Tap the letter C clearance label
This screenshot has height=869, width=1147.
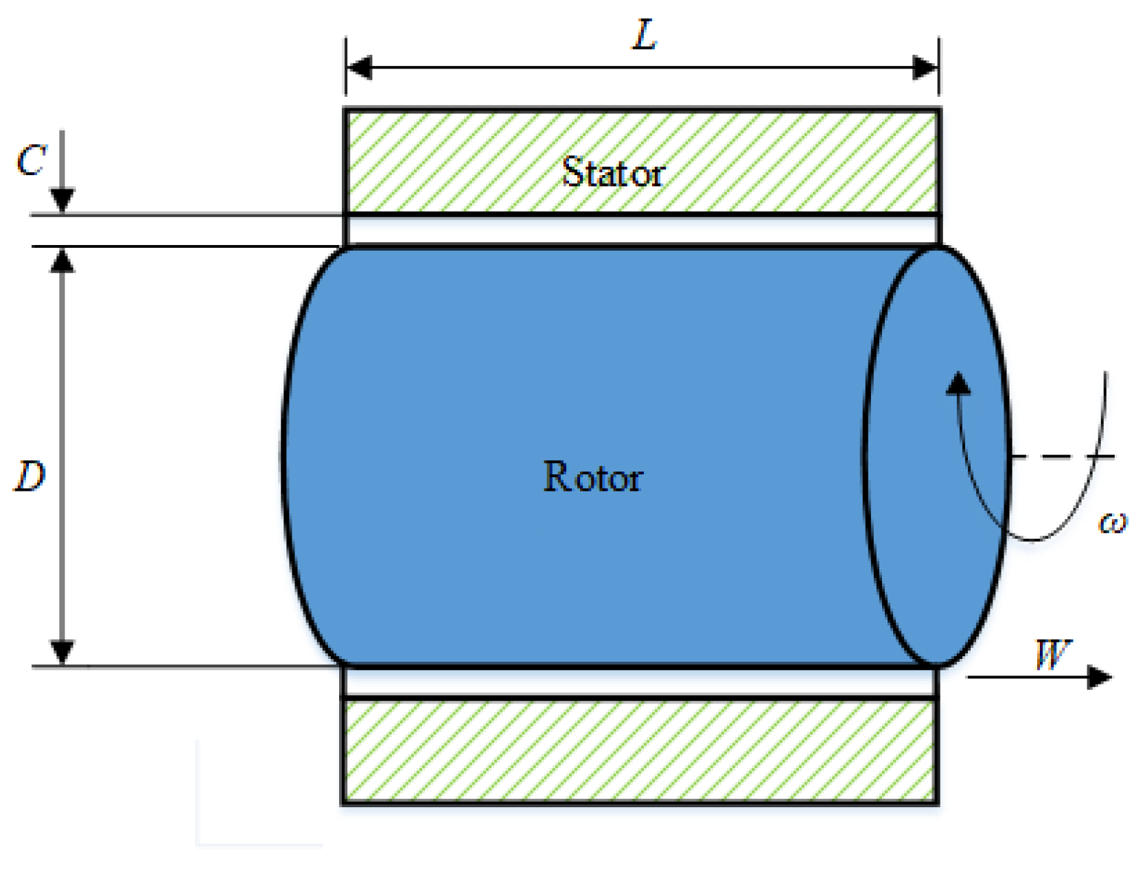(x=31, y=161)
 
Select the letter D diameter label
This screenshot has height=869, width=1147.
(x=30, y=476)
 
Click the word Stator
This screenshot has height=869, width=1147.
(x=613, y=172)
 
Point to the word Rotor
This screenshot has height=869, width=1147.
(x=592, y=477)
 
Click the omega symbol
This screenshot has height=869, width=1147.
(x=1112, y=523)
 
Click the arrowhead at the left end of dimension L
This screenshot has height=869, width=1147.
(x=359, y=68)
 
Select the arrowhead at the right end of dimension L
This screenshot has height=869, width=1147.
(x=925, y=68)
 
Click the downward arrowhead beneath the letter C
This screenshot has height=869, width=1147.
(x=62, y=200)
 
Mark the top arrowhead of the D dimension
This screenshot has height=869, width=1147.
(x=62, y=260)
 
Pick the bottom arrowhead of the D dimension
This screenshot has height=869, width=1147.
(x=62, y=652)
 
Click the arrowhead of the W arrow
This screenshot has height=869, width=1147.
(x=1100, y=677)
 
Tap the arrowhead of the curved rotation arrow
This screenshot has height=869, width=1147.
(x=958, y=383)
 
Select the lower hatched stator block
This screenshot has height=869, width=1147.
(x=640, y=750)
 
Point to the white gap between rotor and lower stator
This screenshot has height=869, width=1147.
(x=640, y=682)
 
